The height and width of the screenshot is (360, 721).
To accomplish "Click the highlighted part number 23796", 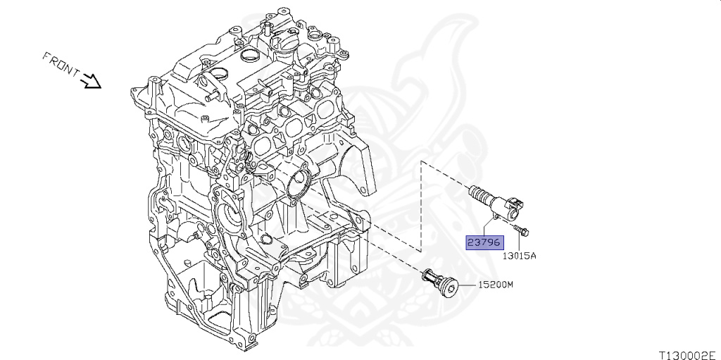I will click(x=484, y=242).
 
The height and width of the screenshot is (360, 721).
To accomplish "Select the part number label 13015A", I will click(x=519, y=256).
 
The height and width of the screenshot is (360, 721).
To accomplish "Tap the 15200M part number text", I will click(x=496, y=285).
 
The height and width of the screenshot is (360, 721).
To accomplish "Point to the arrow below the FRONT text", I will click(x=92, y=82).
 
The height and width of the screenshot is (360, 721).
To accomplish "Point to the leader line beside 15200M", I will click(x=468, y=285).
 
